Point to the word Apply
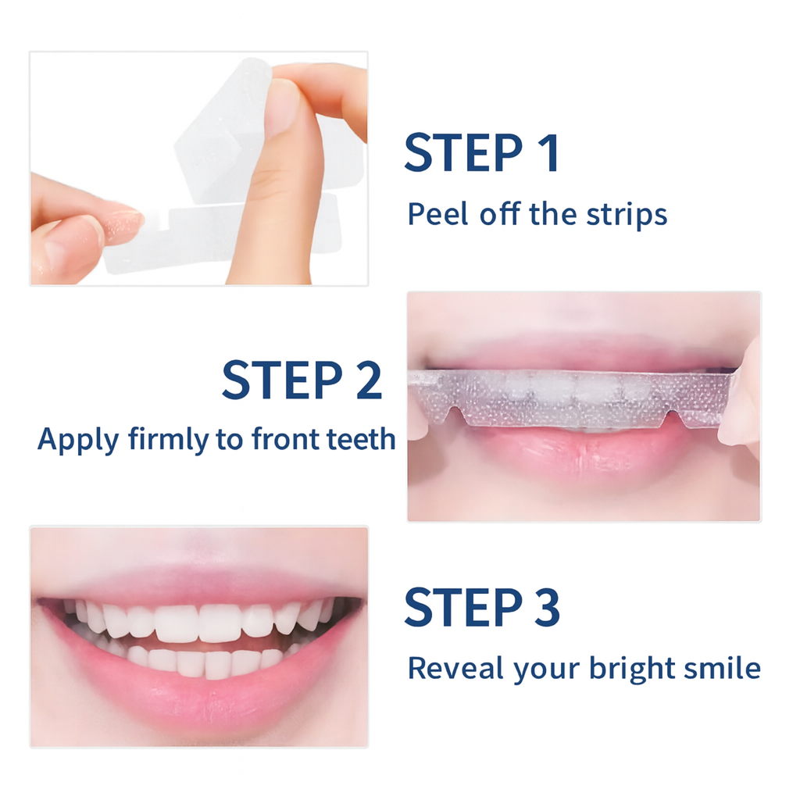pos(77,440)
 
